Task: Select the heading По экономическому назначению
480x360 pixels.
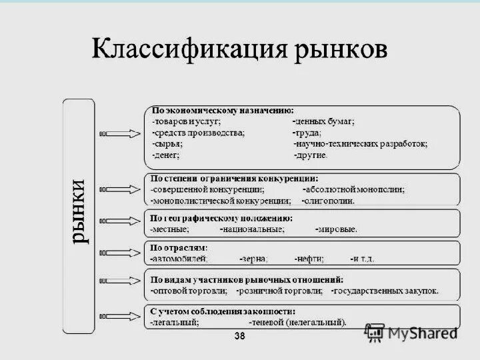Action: coord(223,111)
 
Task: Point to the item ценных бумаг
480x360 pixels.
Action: coord(324,122)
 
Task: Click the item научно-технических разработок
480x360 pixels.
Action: coord(361,144)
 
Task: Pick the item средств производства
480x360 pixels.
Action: coord(199,133)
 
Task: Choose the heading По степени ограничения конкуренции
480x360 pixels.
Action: coord(234,179)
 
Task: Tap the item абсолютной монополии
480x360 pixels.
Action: coord(353,189)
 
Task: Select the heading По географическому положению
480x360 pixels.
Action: coord(221,218)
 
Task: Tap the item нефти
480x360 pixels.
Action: coord(310,258)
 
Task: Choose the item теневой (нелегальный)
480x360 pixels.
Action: coord(298,323)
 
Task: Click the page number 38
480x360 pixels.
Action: coord(239,337)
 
